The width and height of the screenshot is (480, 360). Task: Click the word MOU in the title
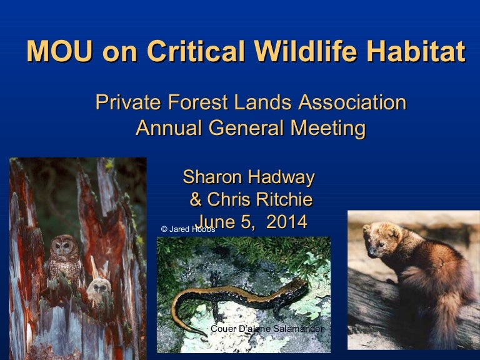click(59, 52)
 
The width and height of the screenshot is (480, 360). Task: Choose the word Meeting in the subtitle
click(325, 128)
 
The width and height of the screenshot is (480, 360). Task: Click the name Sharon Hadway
click(248, 177)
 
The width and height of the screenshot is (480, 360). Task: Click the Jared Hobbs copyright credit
click(187, 229)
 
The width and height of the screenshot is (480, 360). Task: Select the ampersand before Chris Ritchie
click(196, 200)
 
